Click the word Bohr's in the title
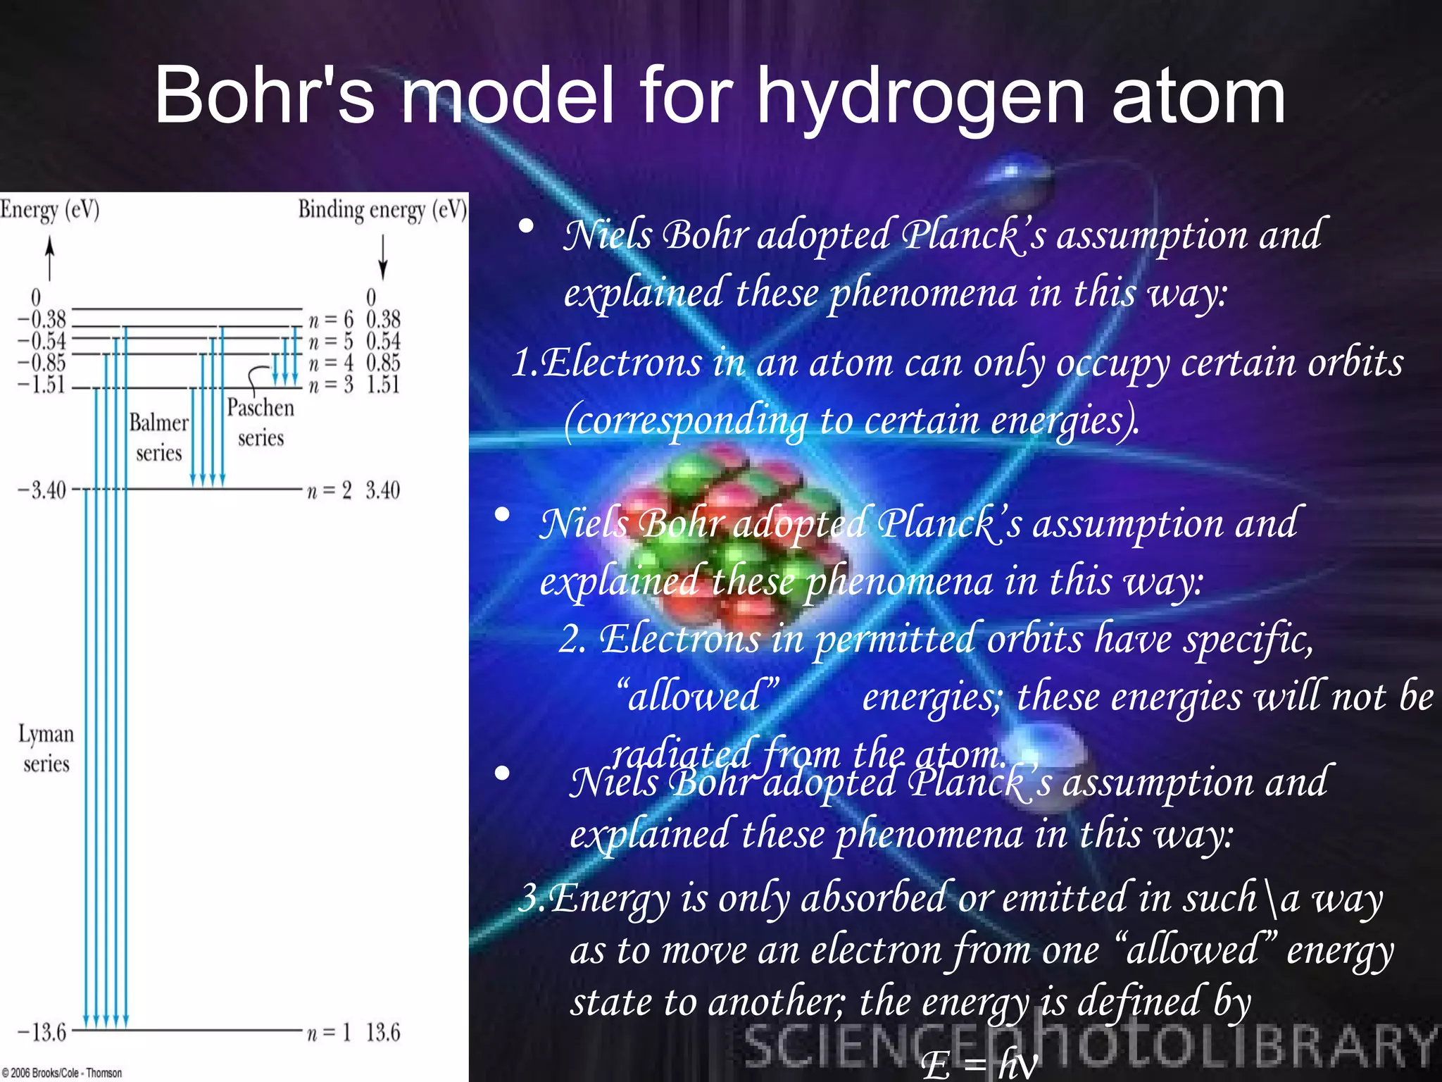(x=264, y=95)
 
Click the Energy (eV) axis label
(x=49, y=210)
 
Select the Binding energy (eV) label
(x=382, y=210)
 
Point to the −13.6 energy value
(x=42, y=1033)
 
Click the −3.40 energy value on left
(x=42, y=490)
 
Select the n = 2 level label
(x=329, y=490)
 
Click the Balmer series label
(x=159, y=437)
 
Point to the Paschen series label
(x=261, y=423)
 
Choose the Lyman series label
(x=46, y=748)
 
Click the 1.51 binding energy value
(x=383, y=385)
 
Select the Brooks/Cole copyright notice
(x=62, y=1073)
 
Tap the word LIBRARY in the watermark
(x=1323, y=1046)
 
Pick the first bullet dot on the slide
(x=525, y=227)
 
